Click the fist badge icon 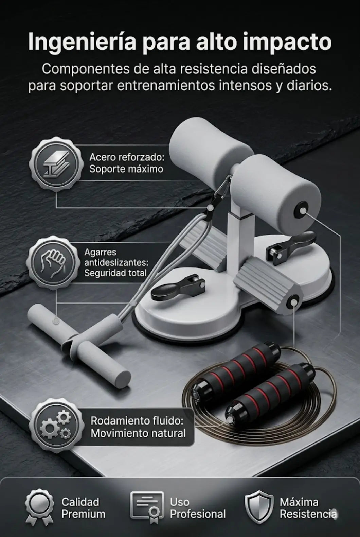(53, 262)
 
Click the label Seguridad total (115, 273)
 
